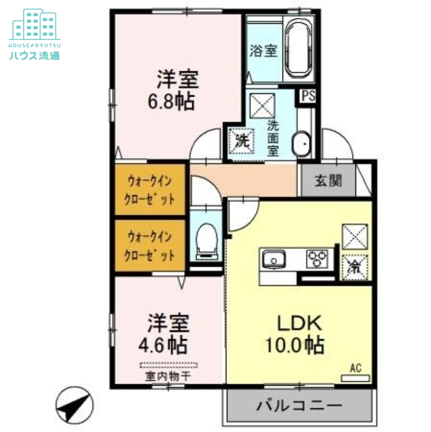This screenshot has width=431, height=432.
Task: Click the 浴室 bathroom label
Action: pyautogui.click(x=264, y=51)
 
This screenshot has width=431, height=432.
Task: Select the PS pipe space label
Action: pyautogui.click(x=308, y=97)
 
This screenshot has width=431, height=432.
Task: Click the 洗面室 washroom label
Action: pyautogui.click(x=273, y=137)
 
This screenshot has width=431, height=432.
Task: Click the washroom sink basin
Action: pyautogui.click(x=301, y=145)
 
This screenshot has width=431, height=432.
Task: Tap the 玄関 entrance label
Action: pyautogui.click(x=328, y=181)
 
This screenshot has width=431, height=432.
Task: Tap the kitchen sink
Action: pyautogui.click(x=274, y=260)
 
